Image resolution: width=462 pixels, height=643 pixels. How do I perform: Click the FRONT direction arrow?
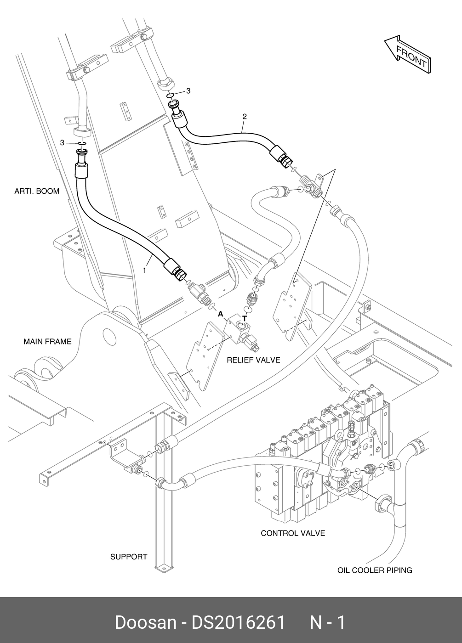tap(408, 53)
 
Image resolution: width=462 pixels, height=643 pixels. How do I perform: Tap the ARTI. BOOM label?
tap(37, 191)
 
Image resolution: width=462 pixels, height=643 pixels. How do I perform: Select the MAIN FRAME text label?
tap(47, 341)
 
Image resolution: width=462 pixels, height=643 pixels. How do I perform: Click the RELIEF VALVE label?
tap(253, 360)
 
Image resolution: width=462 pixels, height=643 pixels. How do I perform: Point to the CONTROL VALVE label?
tap(293, 533)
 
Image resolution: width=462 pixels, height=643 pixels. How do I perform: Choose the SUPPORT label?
tap(129, 557)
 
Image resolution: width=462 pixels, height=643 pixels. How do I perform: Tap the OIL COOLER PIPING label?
tap(375, 570)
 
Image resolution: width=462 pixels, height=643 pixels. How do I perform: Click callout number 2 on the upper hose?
tap(245, 117)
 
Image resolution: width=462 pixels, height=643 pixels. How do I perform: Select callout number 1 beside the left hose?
tap(144, 271)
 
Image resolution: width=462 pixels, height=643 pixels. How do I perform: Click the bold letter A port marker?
tap(220, 314)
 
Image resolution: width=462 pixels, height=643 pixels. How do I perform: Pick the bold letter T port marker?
tap(245, 318)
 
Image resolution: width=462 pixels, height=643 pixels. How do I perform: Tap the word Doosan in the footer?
tap(145, 622)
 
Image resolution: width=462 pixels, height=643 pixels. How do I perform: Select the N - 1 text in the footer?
tap(327, 622)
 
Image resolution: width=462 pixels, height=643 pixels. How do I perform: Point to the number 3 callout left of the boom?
tap(62, 143)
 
